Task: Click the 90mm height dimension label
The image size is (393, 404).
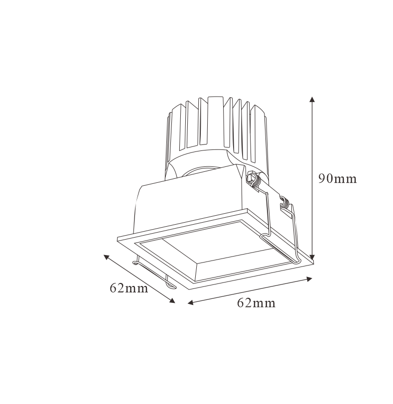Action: click(x=337, y=178)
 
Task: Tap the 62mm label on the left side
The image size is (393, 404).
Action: click(x=129, y=288)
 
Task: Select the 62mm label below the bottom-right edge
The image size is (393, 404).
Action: click(x=256, y=303)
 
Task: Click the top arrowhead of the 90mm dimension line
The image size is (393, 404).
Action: click(x=312, y=100)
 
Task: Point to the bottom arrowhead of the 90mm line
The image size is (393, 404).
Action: click(x=312, y=257)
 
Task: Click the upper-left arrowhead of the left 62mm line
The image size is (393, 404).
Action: click(x=107, y=257)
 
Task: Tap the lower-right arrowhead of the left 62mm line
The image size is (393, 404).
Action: click(x=172, y=300)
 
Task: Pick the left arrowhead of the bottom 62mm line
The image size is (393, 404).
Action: click(x=191, y=302)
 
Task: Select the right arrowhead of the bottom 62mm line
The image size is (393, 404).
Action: click(x=309, y=279)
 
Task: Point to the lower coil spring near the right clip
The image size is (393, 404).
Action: click(x=285, y=203)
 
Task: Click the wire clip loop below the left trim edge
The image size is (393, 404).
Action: click(x=154, y=274)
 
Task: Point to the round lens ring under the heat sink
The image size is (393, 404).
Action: click(x=200, y=171)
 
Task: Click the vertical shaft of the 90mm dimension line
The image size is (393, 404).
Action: click(x=312, y=178)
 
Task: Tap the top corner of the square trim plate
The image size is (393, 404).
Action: click(x=247, y=209)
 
